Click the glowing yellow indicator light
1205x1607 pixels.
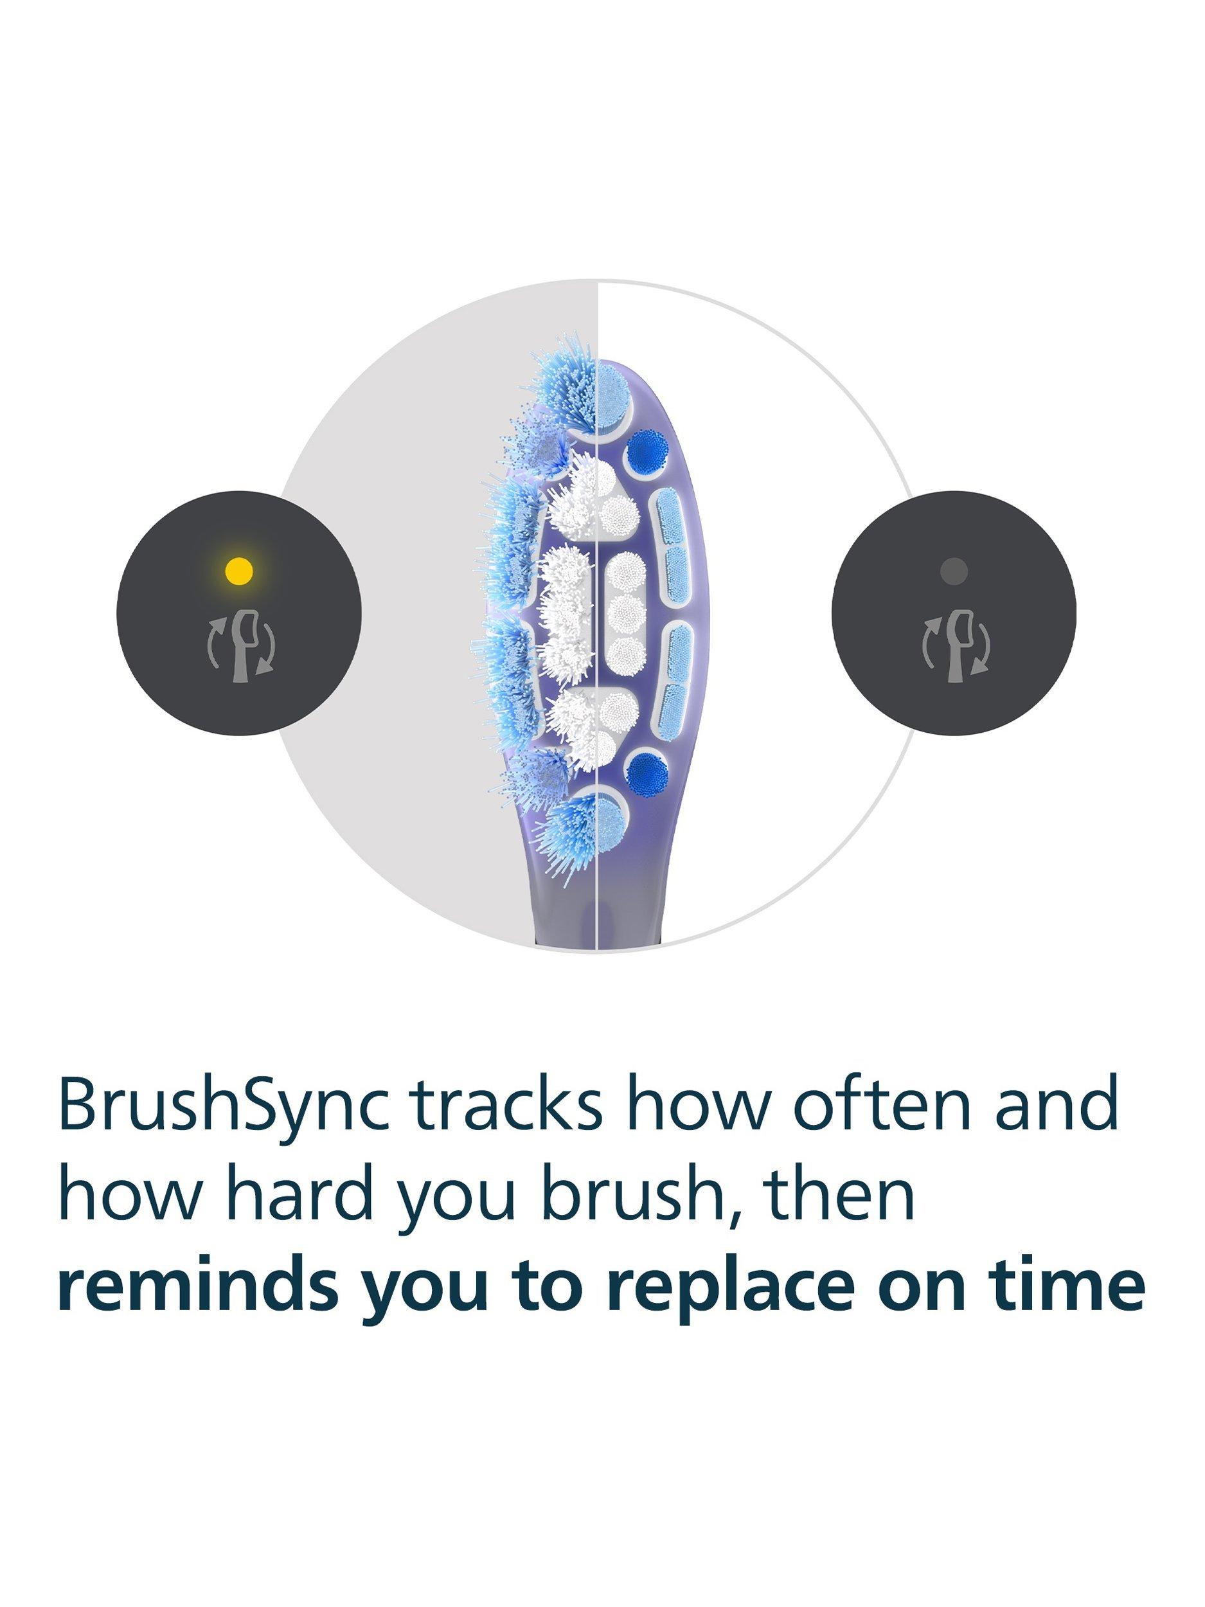pyautogui.click(x=238, y=570)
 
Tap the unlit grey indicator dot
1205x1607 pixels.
pyautogui.click(x=953, y=570)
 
